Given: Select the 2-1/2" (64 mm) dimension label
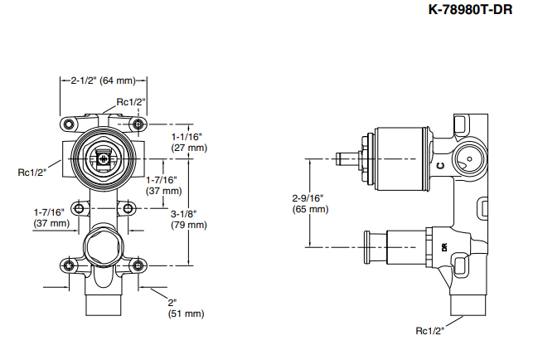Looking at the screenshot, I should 103,80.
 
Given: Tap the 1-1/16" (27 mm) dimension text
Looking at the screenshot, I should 187,141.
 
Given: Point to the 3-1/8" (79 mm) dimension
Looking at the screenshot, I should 188,218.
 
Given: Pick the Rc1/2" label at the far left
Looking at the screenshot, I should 32,172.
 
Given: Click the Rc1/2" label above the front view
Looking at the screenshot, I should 130,101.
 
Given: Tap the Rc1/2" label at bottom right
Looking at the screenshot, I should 430,331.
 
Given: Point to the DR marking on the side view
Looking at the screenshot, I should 444,246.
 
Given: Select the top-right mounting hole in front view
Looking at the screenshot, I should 138,124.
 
